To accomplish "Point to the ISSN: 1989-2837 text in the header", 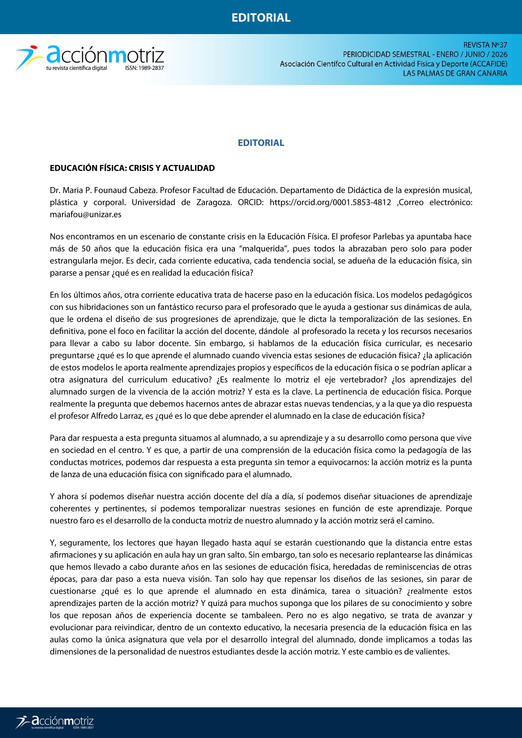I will click(144, 68).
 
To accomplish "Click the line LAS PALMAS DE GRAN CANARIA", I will click(455, 73).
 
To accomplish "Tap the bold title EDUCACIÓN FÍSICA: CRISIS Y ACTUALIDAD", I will click(132, 168).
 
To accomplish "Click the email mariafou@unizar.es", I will click(85, 214).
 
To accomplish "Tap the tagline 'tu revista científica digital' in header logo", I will click(76, 68).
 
